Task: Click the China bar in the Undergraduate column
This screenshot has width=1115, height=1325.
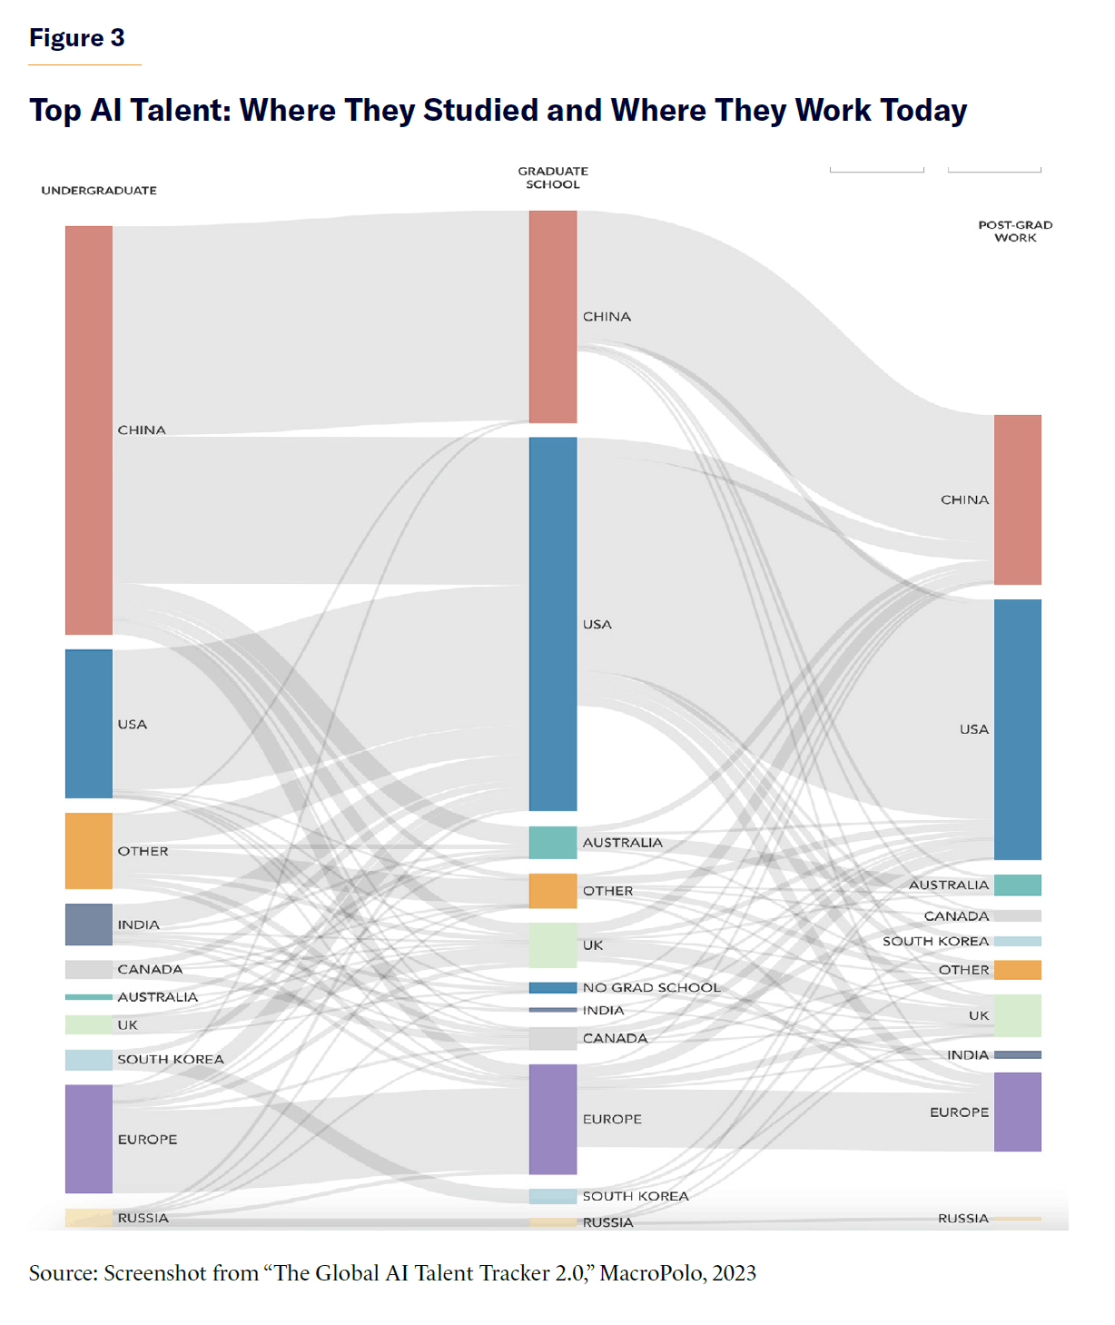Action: [x=89, y=430]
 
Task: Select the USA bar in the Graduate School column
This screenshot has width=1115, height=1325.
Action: [x=553, y=624]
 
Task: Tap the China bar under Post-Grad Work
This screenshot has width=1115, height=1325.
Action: [x=1017, y=499]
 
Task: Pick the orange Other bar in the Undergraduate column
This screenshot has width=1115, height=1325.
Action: [x=89, y=851]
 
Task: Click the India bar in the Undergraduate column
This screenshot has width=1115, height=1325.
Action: [x=89, y=925]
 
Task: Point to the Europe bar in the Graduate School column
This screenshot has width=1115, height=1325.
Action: [x=553, y=1119]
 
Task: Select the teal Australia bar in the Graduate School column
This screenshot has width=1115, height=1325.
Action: [x=553, y=842]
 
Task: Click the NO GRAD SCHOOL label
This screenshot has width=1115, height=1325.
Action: [x=651, y=987]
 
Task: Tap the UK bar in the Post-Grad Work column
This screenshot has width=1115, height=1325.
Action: [x=1017, y=1015]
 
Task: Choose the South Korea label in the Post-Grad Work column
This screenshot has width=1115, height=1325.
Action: [x=935, y=941]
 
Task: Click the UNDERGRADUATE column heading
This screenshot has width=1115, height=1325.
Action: [x=99, y=190]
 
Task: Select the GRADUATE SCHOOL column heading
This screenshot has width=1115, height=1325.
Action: [x=553, y=177]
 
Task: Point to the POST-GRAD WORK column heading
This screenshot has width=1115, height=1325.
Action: [x=1015, y=231]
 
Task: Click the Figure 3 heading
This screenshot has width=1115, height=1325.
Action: [x=77, y=38]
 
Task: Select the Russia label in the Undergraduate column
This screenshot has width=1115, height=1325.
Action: [x=143, y=1218]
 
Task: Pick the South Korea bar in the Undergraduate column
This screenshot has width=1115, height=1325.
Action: [x=89, y=1060]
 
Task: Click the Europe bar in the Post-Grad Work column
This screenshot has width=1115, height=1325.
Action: [x=1017, y=1112]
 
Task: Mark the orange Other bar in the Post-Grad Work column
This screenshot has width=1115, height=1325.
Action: [x=1017, y=970]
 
